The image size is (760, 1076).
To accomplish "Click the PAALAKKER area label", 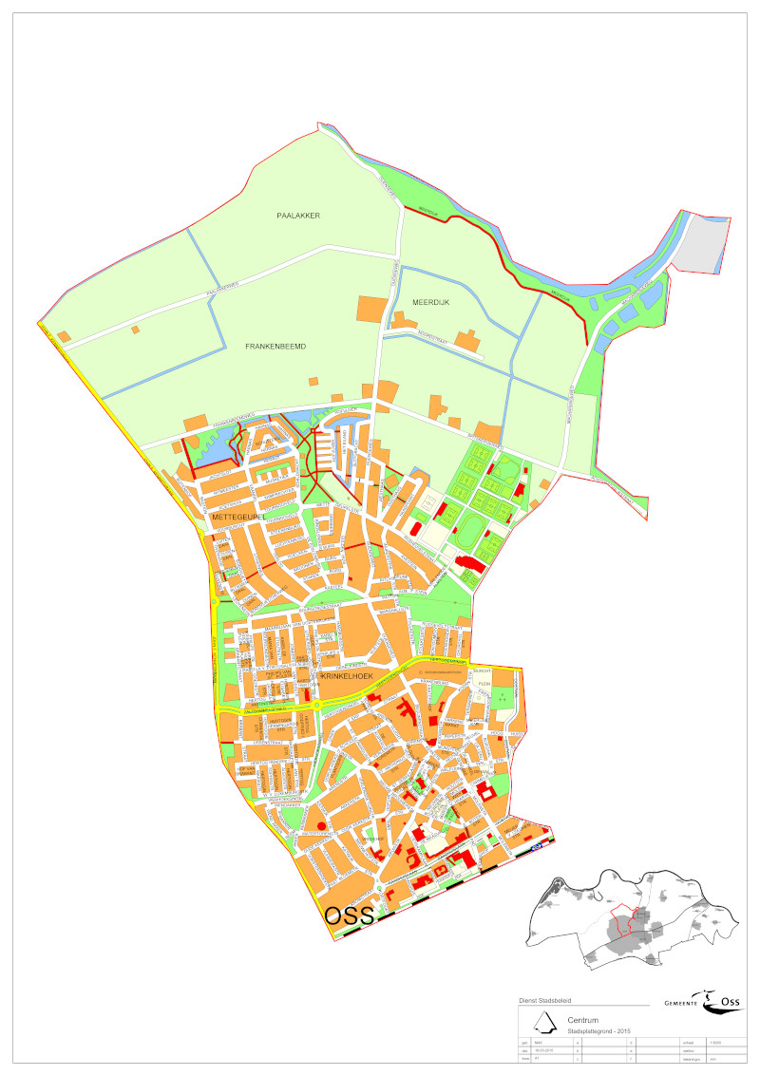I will pyautogui.click(x=298, y=216).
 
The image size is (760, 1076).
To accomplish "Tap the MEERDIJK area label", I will pyautogui.click(x=430, y=302).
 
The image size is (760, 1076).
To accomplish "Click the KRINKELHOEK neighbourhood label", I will pyautogui.click(x=346, y=674).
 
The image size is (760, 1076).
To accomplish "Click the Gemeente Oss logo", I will pyautogui.click(x=702, y=1001).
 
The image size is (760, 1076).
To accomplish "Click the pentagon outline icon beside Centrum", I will pyautogui.click(x=543, y=1024).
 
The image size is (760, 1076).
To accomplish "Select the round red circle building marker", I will pyautogui.click(x=321, y=826).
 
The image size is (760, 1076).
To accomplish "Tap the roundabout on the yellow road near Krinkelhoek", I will pyautogui.click(x=316, y=704).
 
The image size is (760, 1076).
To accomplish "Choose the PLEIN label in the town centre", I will pyautogui.click(x=482, y=682).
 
